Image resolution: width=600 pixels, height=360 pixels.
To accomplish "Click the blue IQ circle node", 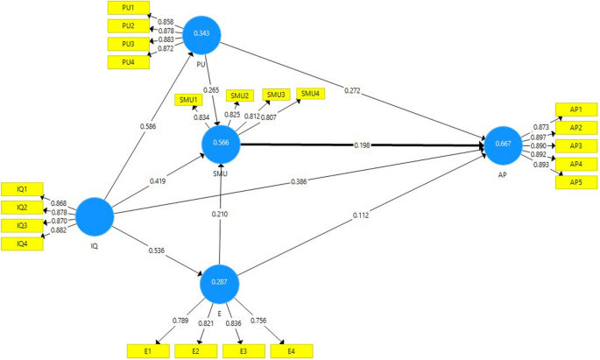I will [x=95, y=215].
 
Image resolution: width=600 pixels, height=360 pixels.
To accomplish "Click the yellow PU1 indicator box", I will [x=127, y=7].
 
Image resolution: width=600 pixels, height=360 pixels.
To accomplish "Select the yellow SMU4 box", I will [x=310, y=94].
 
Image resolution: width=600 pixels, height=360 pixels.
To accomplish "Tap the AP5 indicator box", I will [x=575, y=182].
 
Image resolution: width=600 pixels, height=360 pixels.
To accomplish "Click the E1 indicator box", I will [x=149, y=350].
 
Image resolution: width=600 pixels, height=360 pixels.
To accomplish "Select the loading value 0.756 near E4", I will [x=260, y=321].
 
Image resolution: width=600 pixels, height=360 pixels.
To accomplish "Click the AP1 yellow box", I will [x=575, y=109].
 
